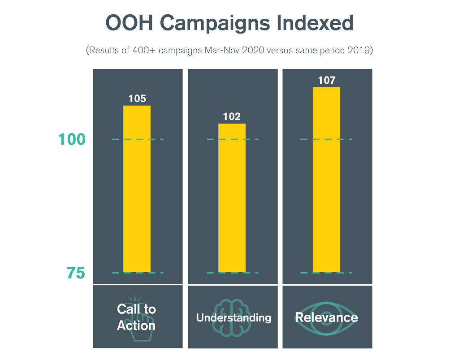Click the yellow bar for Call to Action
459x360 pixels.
click(x=137, y=189)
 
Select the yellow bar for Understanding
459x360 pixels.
click(x=232, y=197)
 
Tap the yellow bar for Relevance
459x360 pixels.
click(x=326, y=179)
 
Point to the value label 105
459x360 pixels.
click(x=137, y=99)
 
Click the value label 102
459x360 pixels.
click(x=232, y=117)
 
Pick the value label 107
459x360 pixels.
click(x=327, y=81)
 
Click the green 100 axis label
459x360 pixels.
click(x=72, y=140)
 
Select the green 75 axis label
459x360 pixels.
click(x=76, y=273)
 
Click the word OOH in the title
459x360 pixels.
click(x=125, y=23)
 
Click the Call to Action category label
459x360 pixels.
click(x=136, y=317)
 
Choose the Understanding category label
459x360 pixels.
click(x=234, y=318)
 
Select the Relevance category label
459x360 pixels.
click(x=326, y=318)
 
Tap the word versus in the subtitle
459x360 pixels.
click(x=281, y=51)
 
